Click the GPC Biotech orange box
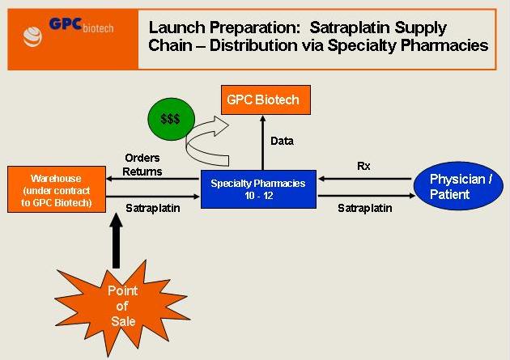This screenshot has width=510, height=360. pos(261,101)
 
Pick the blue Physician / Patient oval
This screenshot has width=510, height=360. pos(460,185)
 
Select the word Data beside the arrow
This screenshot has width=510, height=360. pos(282,142)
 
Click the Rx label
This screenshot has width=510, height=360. pos(363,165)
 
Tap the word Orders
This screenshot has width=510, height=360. pos(142,158)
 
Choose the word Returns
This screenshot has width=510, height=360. pos(144,172)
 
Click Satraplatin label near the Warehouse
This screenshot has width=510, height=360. pos(152,209)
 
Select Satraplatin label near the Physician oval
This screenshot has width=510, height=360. pos(365,209)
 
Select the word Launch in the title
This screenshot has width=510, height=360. pos(172,28)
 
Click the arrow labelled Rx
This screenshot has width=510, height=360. pos(364,179)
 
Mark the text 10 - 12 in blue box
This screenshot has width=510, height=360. pos(257,196)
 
